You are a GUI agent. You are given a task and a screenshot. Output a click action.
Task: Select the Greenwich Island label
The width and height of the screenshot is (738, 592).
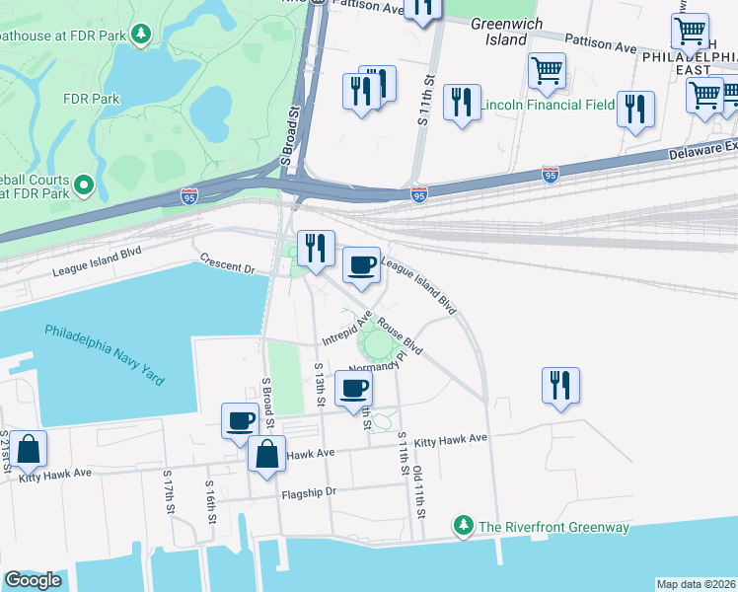point(499,32)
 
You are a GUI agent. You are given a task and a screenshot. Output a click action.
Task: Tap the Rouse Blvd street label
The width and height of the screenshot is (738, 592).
point(400,339)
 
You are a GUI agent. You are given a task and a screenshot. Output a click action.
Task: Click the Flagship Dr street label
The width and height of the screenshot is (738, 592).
point(309,492)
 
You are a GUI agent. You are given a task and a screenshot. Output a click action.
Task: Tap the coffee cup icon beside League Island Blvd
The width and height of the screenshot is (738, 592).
point(361,264)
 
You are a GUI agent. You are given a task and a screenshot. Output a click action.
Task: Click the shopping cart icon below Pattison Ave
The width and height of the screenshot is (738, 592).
point(546,70)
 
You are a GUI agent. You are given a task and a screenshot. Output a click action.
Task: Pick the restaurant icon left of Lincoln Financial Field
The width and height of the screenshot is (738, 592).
point(461,102)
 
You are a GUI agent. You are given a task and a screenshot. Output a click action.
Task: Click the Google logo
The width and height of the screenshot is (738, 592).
point(34,580)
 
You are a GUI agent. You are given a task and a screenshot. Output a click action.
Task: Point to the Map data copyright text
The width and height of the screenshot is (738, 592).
point(696,584)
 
